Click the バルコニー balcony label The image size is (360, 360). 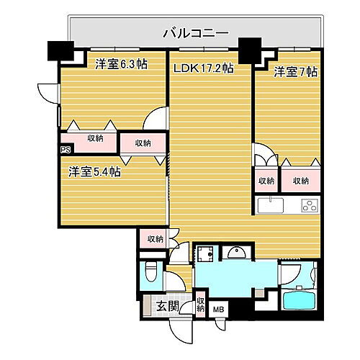[x=195, y=33]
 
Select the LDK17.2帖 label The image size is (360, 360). [x=204, y=68]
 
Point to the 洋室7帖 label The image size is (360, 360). [x=295, y=72]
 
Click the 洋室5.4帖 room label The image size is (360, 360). [x=94, y=172]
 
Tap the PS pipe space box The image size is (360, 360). [x=66, y=150]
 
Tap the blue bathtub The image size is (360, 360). [x=298, y=302]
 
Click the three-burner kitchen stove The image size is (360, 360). [x=310, y=207]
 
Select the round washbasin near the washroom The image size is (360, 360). [x=235, y=253]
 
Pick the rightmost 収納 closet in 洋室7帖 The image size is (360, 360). [x=300, y=181]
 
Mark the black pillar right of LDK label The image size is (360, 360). [x=251, y=50]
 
